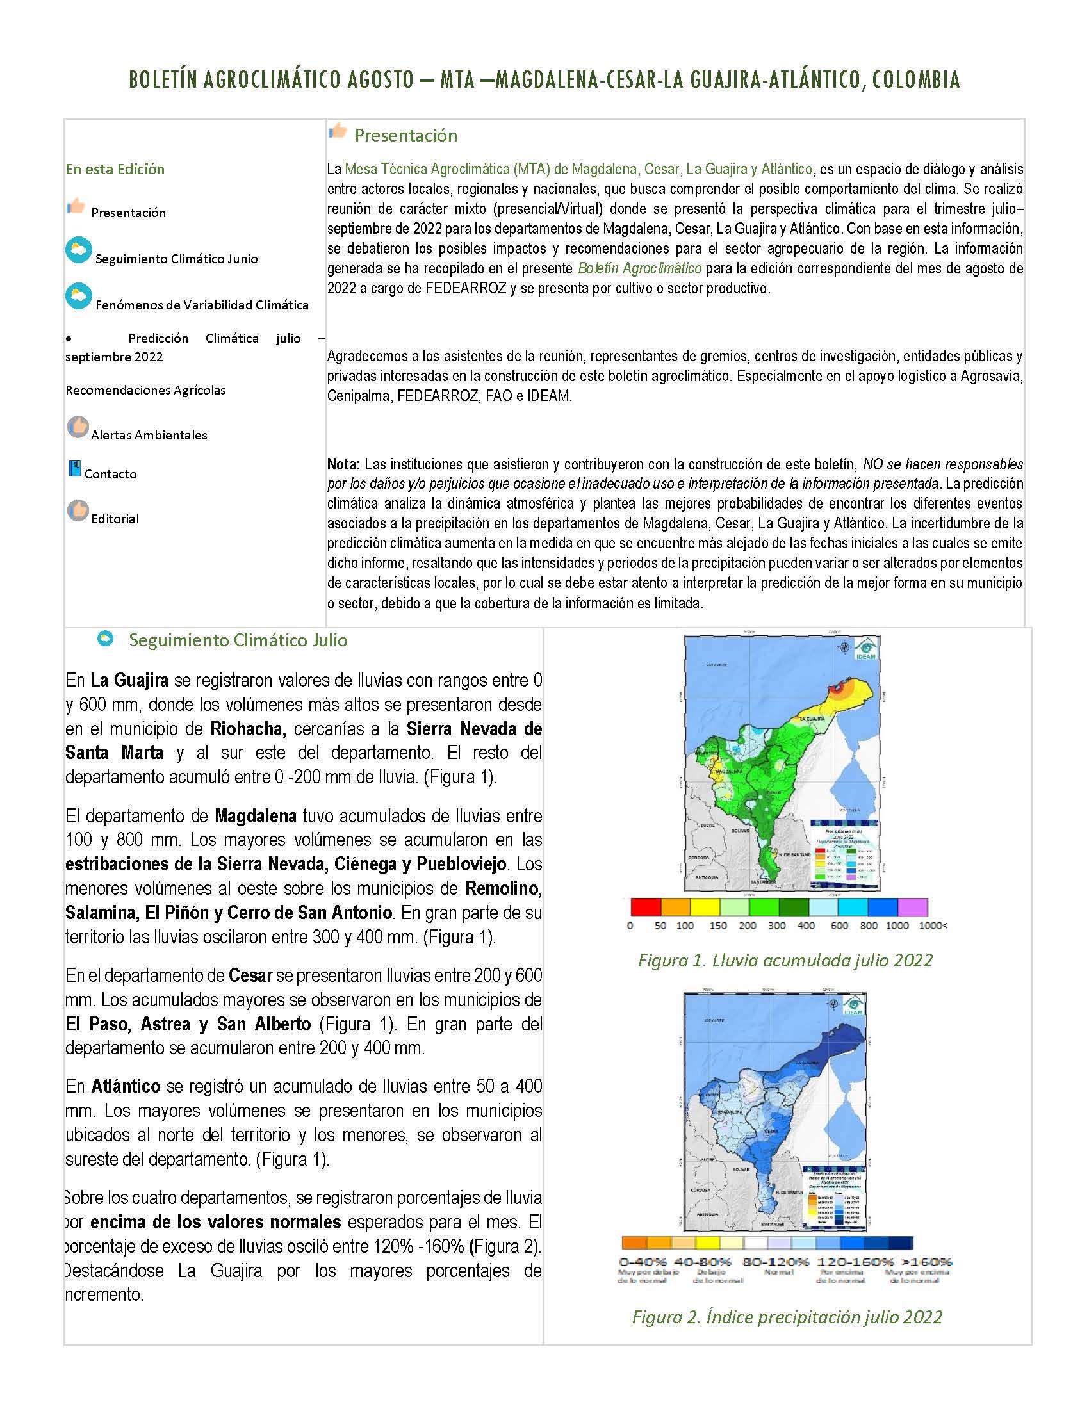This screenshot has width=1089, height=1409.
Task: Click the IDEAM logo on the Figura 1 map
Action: [865, 649]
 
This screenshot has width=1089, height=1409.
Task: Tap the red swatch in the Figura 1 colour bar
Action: [645, 906]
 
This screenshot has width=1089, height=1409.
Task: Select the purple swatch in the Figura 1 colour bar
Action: [912, 906]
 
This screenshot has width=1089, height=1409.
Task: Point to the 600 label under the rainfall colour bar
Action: [839, 925]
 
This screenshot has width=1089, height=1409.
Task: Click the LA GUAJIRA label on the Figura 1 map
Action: [811, 719]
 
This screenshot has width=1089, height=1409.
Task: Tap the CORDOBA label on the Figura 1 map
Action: [700, 859]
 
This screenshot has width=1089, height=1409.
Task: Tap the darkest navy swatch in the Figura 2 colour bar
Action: [901, 1243]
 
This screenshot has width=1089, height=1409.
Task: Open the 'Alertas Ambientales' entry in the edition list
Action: [149, 435]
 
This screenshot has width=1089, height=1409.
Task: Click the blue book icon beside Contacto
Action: [75, 469]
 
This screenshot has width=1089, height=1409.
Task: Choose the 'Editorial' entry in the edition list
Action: [115, 519]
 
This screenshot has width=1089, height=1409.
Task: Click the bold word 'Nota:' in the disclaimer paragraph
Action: [343, 464]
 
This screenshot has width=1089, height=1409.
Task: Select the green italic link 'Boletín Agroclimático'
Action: [639, 268]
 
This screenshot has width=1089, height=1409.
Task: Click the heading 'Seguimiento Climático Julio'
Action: [238, 640]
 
